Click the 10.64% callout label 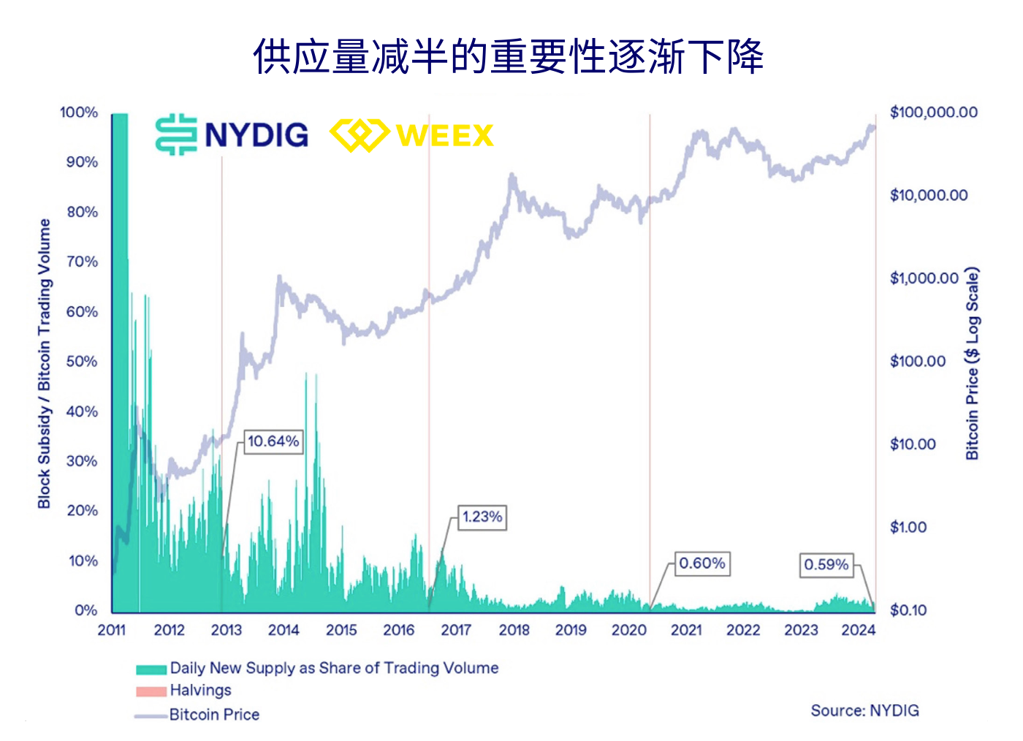click(x=273, y=441)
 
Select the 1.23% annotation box click(x=482, y=517)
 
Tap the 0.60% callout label click(x=701, y=563)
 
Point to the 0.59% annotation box click(x=826, y=565)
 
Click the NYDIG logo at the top click(x=232, y=134)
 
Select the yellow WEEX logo click(x=412, y=135)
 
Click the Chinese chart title click(x=509, y=57)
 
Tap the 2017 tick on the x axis click(x=456, y=630)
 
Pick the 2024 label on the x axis click(x=858, y=630)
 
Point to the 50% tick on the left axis click(x=82, y=362)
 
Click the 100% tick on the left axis click(x=79, y=113)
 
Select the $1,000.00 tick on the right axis click(x=924, y=278)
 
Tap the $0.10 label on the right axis click(x=908, y=610)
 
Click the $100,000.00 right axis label click(x=933, y=113)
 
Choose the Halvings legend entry click(x=200, y=691)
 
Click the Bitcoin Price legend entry click(x=214, y=715)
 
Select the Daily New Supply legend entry click(x=334, y=668)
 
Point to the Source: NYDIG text click(x=864, y=710)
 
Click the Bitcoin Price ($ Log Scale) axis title click(x=972, y=363)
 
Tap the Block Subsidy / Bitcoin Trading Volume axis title click(x=45, y=363)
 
